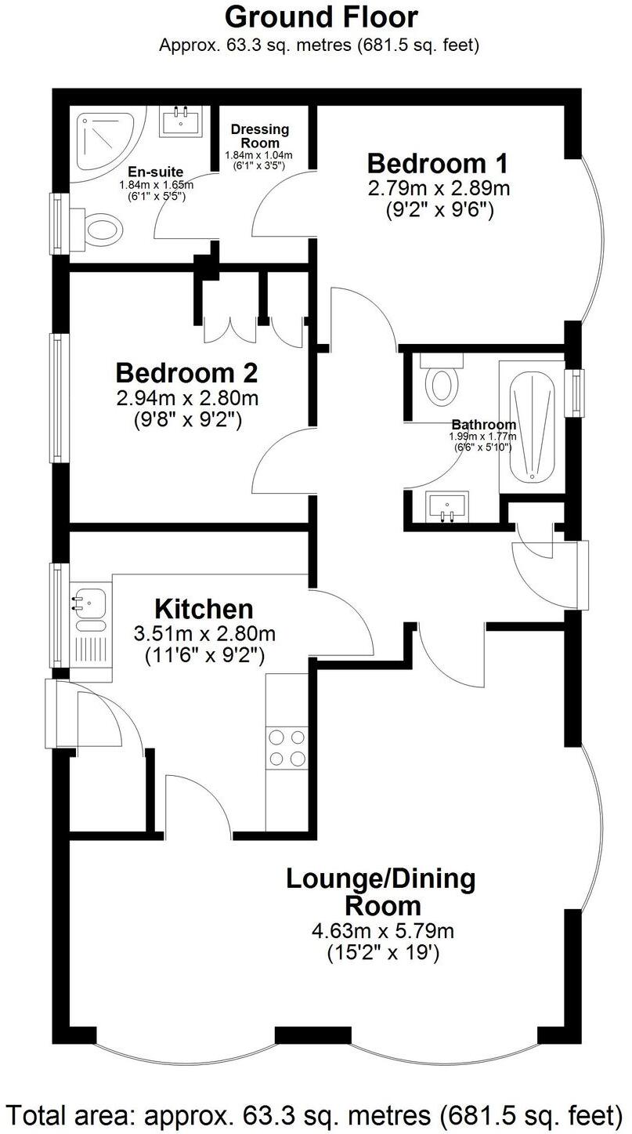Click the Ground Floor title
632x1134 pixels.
tap(321, 16)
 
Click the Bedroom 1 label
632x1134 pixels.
tap(437, 164)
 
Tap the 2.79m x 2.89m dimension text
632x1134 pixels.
tap(439, 189)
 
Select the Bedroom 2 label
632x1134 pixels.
tap(186, 371)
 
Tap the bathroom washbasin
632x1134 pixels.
tap(448, 506)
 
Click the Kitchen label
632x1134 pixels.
tap(204, 609)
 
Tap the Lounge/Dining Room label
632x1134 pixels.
tap(381, 892)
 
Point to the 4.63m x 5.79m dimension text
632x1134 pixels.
tap(382, 932)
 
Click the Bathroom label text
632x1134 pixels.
tap(483, 425)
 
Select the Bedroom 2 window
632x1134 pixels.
tap(59, 397)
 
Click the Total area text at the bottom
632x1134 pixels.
tap(316, 1114)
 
